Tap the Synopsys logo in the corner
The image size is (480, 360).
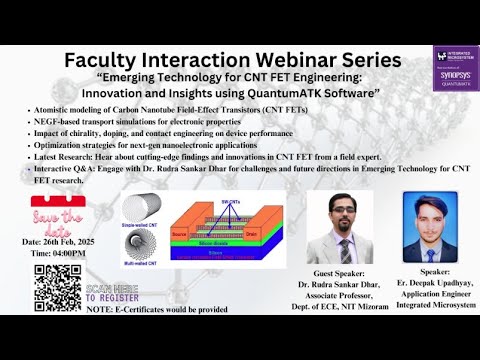(x=455, y=69)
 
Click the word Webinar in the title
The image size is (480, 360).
(x=273, y=60)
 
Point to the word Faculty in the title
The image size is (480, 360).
(x=107, y=60)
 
